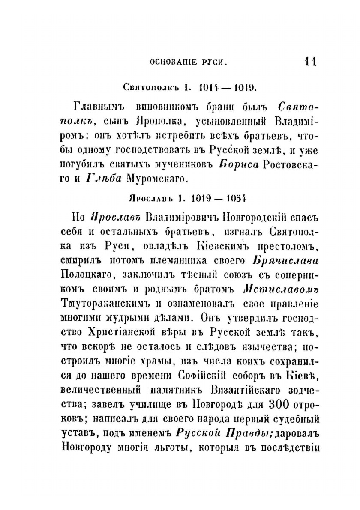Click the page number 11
309,61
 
